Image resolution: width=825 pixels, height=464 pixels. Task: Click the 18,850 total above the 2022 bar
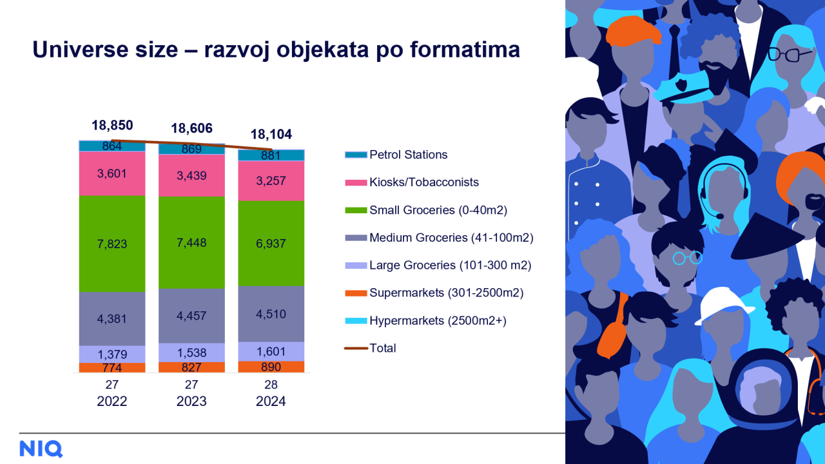[112, 126]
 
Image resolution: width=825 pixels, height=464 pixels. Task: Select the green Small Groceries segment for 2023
[191, 242]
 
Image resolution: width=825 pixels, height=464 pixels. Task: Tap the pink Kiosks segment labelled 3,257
[271, 180]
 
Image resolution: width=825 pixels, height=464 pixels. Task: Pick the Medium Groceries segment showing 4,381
[112, 318]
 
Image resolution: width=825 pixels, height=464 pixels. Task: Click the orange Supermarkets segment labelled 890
[271, 367]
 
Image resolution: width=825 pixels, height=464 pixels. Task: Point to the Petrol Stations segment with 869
[191, 149]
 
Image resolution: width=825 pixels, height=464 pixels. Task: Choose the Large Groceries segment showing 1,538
[191, 353]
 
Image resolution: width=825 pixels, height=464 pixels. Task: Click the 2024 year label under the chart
[271, 401]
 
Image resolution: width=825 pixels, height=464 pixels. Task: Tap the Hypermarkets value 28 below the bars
[271, 385]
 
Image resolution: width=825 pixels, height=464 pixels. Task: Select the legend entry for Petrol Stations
[396, 155]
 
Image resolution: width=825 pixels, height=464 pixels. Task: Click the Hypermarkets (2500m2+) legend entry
[426, 321]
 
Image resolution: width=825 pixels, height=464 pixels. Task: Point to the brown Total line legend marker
[356, 348]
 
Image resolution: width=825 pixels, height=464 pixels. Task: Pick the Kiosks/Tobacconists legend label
[424, 182]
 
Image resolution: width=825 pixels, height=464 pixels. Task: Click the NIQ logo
[41, 449]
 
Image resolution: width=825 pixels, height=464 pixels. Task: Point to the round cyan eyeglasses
[687, 258]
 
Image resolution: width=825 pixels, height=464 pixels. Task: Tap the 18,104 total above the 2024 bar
[271, 135]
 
